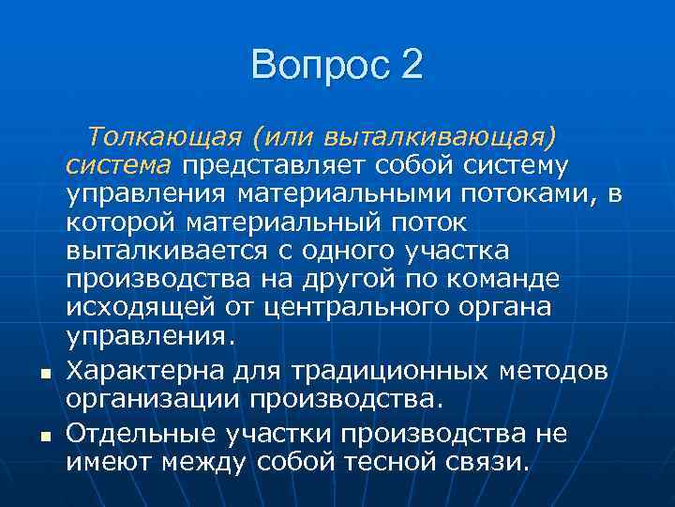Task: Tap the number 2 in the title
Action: [x=412, y=66]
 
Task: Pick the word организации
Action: [x=155, y=400]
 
